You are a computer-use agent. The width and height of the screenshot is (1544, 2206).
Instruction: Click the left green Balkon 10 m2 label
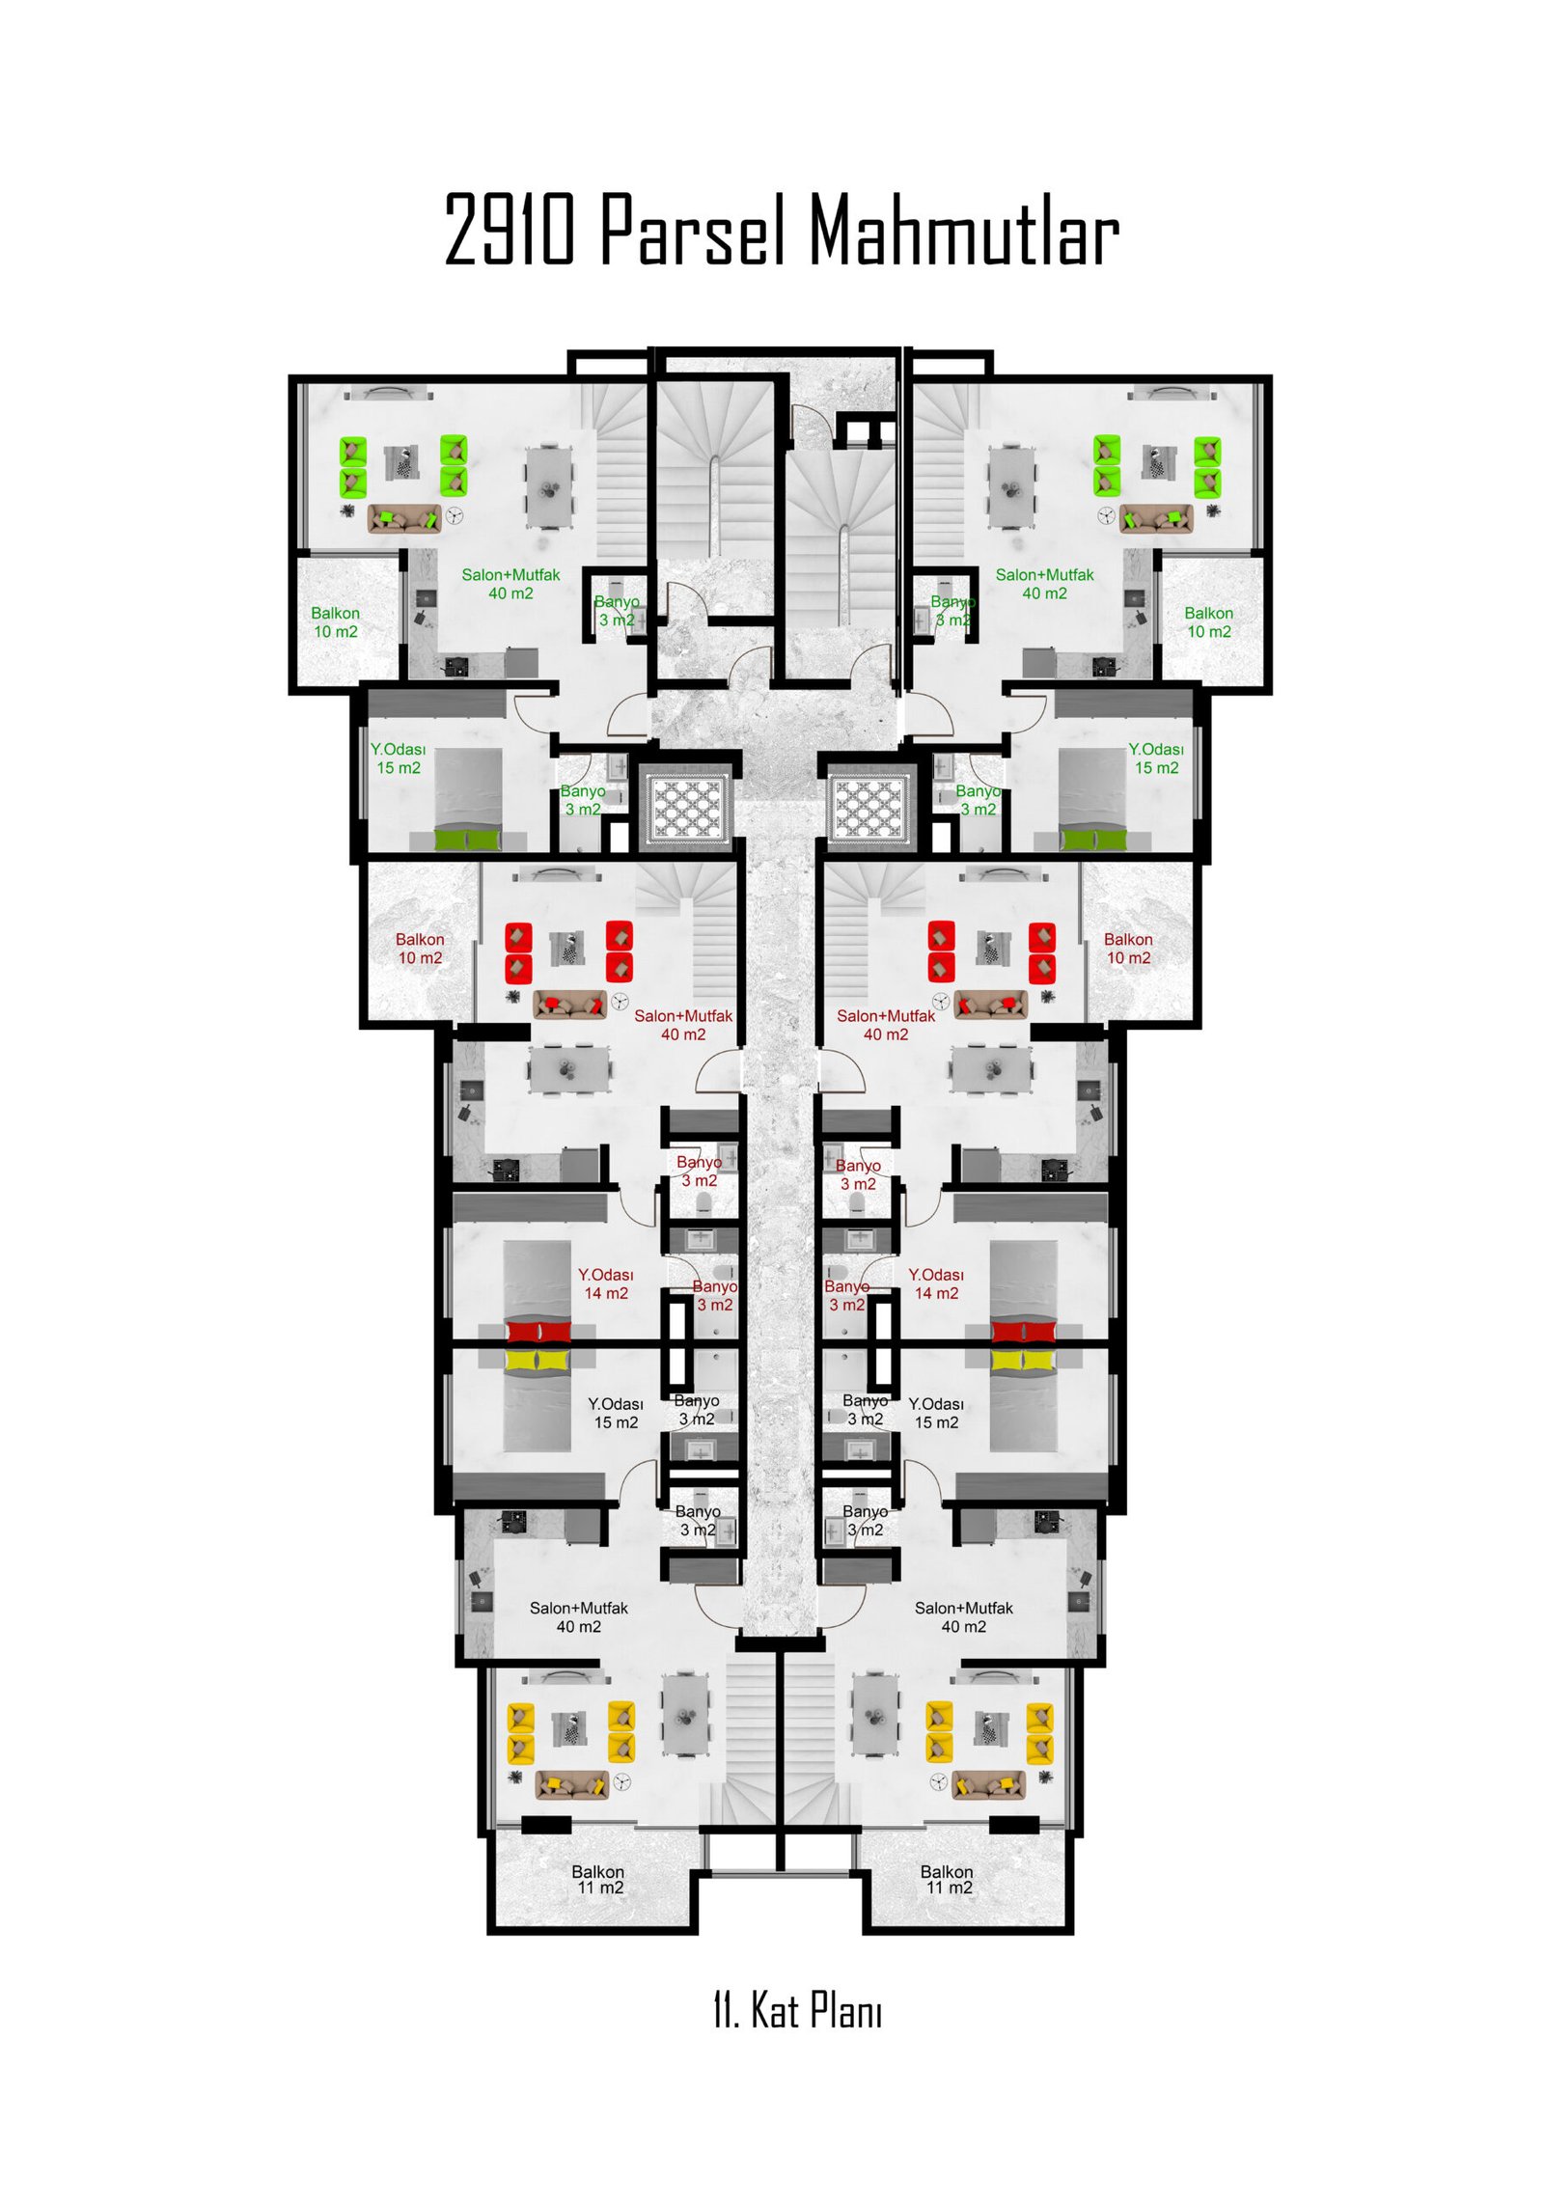point(335,622)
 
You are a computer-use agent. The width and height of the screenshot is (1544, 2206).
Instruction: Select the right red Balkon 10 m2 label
point(1128,949)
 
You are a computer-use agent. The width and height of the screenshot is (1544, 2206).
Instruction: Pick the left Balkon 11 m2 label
point(598,1880)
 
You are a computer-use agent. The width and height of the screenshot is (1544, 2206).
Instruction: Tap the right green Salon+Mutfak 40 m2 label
point(1044,584)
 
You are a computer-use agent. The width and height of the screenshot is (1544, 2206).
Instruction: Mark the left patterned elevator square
point(687,808)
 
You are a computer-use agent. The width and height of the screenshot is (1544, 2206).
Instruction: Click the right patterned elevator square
point(868,808)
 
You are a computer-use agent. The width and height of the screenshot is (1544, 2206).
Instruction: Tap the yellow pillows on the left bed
point(538,1361)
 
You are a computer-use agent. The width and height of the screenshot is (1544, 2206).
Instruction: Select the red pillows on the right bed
point(1023,1332)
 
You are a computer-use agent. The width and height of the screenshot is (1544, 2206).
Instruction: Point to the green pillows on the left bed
point(468,839)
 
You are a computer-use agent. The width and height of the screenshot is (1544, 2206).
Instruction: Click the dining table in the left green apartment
point(549,487)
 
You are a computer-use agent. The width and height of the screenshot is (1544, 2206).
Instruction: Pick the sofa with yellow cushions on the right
point(988,1784)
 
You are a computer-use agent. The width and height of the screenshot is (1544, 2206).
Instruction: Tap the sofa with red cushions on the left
point(570,1005)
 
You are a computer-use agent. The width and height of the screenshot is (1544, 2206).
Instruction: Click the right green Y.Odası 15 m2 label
point(1156,758)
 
